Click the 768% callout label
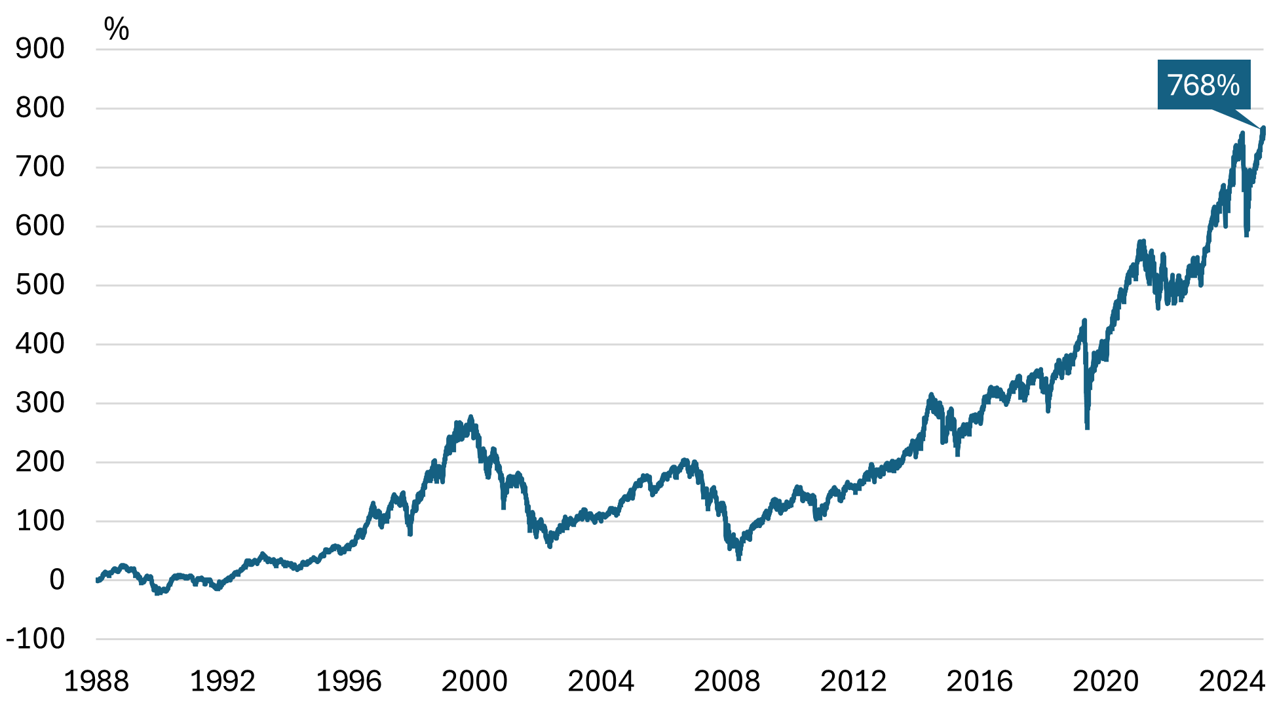(x=1204, y=85)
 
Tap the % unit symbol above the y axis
(x=117, y=29)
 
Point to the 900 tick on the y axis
(x=40, y=48)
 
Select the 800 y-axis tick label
(x=40, y=107)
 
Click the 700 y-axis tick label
(x=40, y=166)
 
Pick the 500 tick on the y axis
(x=40, y=284)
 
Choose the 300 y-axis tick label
(x=40, y=402)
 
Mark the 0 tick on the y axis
(x=56, y=579)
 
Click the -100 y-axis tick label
(x=35, y=638)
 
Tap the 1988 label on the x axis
(x=96, y=681)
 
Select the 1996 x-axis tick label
(x=349, y=681)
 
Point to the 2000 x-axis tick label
(x=474, y=681)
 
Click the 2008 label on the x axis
(x=727, y=681)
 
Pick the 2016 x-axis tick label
(x=980, y=681)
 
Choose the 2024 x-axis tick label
(x=1232, y=681)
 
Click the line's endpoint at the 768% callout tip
(x=1263, y=128)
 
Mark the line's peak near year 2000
(x=470, y=417)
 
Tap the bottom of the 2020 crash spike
(x=1087, y=428)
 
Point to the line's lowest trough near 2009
(x=738, y=558)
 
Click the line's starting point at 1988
(x=97, y=580)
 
